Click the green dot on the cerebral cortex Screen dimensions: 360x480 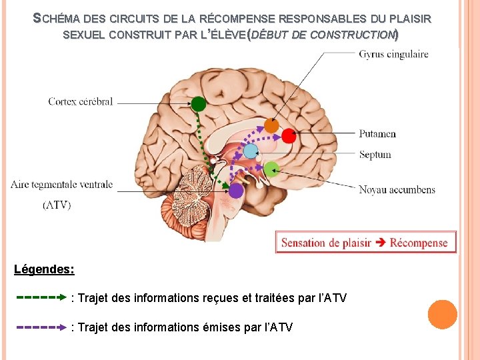click(198, 104)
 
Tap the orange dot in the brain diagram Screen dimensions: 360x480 click(271, 125)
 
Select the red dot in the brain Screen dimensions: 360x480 click(288, 136)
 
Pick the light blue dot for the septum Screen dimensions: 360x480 click(250, 151)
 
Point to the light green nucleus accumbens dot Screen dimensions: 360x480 click(271, 169)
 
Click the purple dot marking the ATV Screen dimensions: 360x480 click(236, 191)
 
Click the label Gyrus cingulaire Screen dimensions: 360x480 click(393, 54)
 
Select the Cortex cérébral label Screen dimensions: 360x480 click(81, 102)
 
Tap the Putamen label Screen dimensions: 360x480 click(377, 133)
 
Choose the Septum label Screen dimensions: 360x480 click(375, 155)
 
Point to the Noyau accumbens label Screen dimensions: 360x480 click(397, 189)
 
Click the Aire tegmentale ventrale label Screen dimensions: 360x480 click(62, 185)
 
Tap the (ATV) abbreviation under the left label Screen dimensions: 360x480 click(57, 205)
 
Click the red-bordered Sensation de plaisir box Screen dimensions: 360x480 click(365, 242)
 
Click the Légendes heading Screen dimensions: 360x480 click(44, 270)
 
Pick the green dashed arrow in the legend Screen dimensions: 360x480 click(42, 297)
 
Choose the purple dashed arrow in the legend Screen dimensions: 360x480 click(42, 327)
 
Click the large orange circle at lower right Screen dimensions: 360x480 click(442, 315)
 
